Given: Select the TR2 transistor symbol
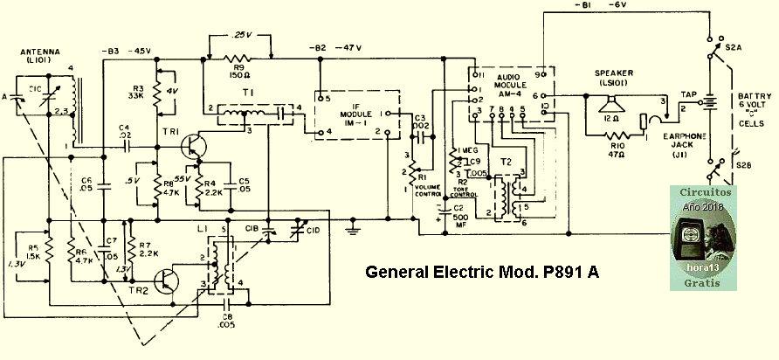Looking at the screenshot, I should pyautogui.click(x=165, y=280).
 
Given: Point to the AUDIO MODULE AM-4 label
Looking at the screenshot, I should pyautogui.click(x=513, y=83).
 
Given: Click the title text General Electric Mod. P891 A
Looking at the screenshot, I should pyautogui.click(x=481, y=272).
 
